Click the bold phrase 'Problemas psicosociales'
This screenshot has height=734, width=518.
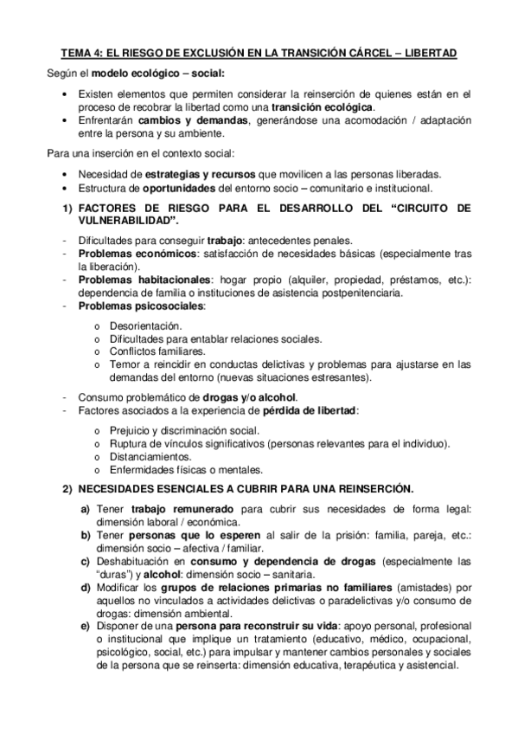[142, 306]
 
